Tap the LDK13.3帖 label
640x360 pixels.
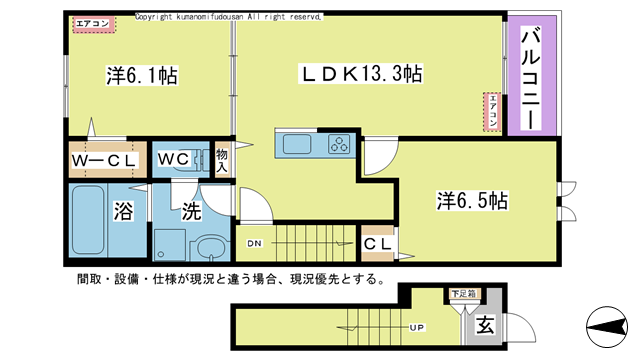click(x=361, y=73)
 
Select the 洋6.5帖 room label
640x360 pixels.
click(x=472, y=200)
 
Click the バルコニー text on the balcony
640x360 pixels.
click(x=531, y=78)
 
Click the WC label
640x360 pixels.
click(x=172, y=160)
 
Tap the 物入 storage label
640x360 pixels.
click(x=222, y=160)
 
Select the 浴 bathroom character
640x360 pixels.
click(x=123, y=211)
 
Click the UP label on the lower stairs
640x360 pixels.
click(x=412, y=327)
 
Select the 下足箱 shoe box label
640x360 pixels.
click(x=461, y=294)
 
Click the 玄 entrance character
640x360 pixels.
click(x=484, y=325)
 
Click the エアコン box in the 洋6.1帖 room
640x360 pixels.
click(x=93, y=25)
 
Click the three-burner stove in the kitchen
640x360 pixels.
click(x=339, y=145)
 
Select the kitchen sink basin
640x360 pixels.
click(x=298, y=145)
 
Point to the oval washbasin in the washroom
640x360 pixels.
click(x=210, y=247)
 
